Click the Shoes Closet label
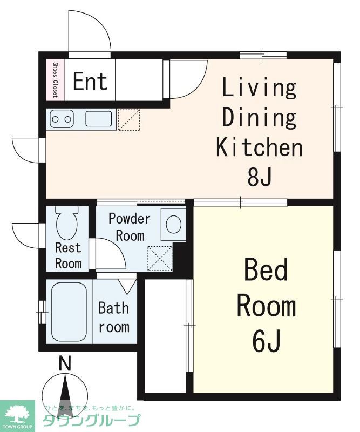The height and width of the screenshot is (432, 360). (56, 80)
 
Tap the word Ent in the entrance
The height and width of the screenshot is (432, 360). (90, 82)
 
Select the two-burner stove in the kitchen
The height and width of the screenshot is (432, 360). (62, 119)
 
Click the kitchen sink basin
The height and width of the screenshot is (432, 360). (99, 118)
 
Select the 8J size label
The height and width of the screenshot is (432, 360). (260, 177)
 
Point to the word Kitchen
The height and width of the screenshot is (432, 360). (259, 147)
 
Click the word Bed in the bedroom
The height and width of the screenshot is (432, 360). (266, 269)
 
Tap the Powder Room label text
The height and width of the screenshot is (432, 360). (130, 227)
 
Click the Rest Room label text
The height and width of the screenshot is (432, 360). (69, 255)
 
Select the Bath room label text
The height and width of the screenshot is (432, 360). (114, 318)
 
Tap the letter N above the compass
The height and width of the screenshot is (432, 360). (65, 363)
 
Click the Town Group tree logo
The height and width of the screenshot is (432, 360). (17, 414)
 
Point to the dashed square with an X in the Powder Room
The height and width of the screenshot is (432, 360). (160, 259)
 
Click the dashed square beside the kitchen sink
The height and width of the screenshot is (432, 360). (129, 119)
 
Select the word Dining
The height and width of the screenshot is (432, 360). (259, 117)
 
